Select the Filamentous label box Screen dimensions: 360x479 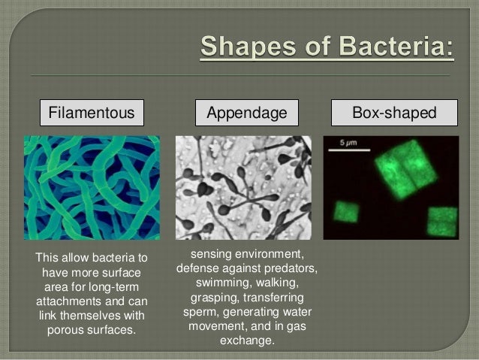[x=92, y=113]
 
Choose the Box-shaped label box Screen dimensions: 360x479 [x=394, y=113]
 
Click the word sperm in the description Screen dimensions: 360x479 [x=200, y=311]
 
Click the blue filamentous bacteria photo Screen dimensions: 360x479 [x=92, y=188]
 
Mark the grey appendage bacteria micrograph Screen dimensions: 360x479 [x=243, y=188]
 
